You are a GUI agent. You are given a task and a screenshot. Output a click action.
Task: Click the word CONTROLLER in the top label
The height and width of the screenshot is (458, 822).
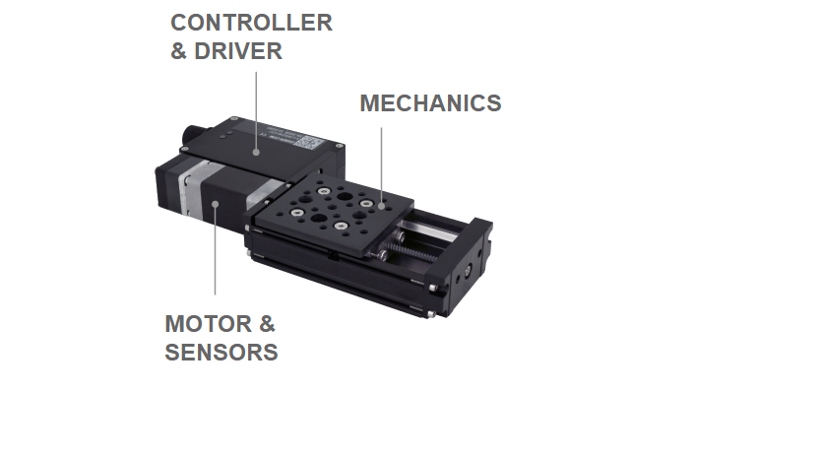click(251, 23)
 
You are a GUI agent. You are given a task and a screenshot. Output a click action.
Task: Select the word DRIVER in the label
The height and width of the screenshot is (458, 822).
click(238, 51)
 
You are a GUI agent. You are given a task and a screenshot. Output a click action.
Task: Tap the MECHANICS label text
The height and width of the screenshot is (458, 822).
click(430, 103)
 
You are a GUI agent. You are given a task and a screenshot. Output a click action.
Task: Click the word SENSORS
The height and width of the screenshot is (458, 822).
click(221, 352)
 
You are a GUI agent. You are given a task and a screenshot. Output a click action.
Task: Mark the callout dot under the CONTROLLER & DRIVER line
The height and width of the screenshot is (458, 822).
click(256, 152)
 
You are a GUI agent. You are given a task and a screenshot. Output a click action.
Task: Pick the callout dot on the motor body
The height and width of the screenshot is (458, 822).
click(215, 205)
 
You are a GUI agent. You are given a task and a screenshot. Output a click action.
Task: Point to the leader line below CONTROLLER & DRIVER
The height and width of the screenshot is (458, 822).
click(256, 108)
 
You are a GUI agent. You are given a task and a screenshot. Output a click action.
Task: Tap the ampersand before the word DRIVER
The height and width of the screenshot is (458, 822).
click(178, 51)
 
